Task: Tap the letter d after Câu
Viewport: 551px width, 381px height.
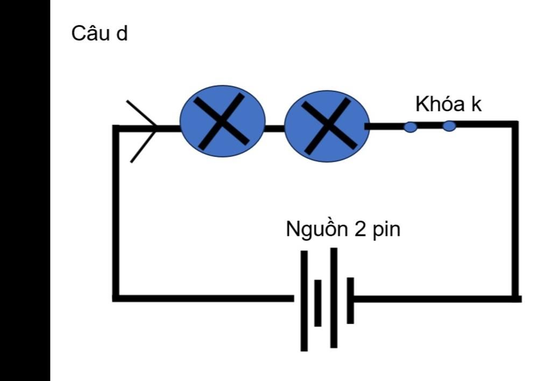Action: click(x=122, y=34)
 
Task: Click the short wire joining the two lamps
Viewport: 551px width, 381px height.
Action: click(x=274, y=128)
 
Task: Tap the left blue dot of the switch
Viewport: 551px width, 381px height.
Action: click(x=410, y=127)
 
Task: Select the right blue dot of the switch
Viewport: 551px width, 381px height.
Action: click(x=449, y=126)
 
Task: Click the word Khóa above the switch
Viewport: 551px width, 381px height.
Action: click(x=440, y=104)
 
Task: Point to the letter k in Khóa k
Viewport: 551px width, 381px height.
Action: click(x=476, y=104)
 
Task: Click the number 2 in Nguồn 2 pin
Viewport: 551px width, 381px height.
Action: click(x=359, y=229)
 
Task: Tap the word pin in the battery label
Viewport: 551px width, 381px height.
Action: click(x=387, y=229)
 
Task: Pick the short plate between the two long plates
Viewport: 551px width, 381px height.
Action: click(x=318, y=303)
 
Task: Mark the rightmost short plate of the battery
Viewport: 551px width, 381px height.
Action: click(x=350, y=300)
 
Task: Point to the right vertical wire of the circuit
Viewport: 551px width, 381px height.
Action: click(x=515, y=210)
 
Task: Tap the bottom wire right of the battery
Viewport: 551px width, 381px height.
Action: click(x=436, y=298)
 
